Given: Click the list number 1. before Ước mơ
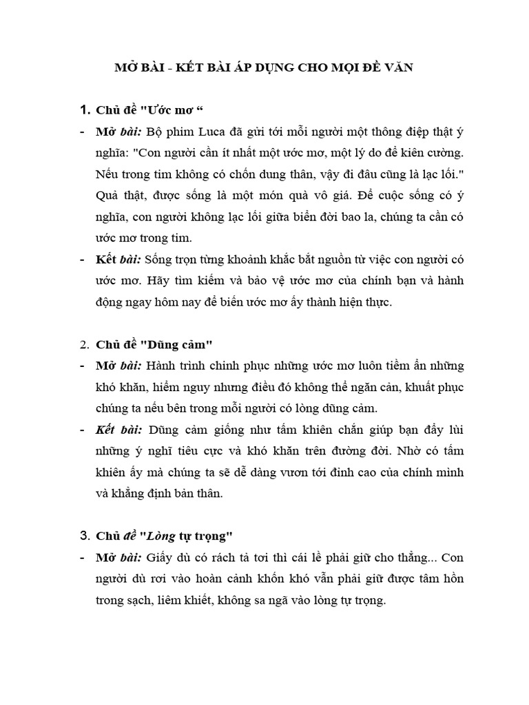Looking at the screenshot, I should [85, 110].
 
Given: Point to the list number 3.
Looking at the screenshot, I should [85, 535].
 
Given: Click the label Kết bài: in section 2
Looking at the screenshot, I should [119, 429].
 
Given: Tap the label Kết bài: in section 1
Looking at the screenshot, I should [118, 260].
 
